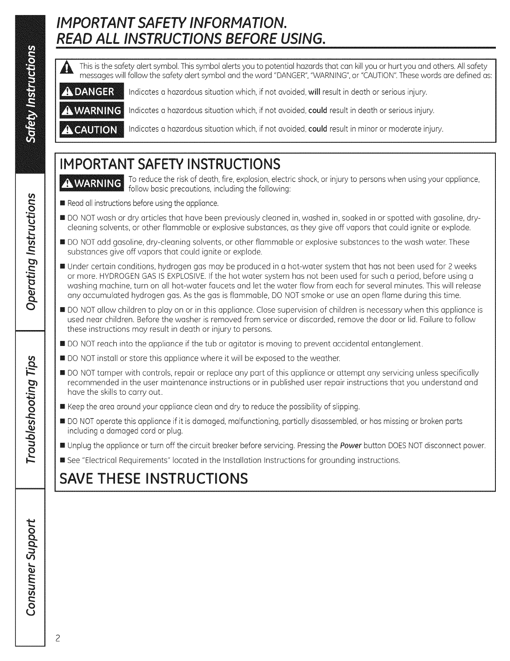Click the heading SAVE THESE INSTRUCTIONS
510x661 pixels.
tap(154, 478)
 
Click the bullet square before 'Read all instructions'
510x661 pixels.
tap(62, 204)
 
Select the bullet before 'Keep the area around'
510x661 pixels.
tap(62, 407)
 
